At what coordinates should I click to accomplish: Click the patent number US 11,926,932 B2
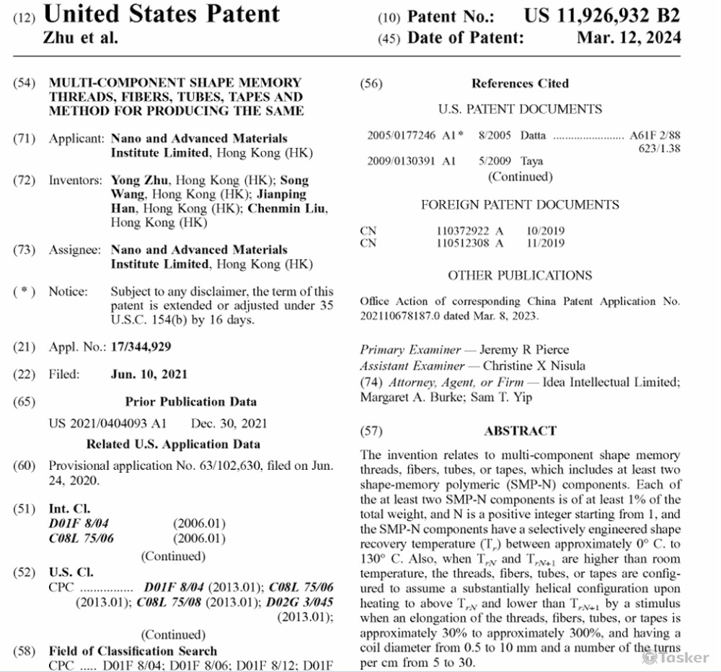601,15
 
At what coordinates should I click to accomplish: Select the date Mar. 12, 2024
628,38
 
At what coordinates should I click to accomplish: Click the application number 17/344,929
141,347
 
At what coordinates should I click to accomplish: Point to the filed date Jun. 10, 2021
149,374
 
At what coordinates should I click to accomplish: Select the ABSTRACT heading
520,431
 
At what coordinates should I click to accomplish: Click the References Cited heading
520,84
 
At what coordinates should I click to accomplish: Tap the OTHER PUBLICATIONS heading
520,275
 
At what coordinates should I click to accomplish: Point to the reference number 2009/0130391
401,161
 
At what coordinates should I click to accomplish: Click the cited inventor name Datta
533,136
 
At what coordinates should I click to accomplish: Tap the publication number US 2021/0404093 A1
107,423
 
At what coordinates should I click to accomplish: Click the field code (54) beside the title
24,83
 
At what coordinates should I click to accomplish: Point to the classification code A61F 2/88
655,136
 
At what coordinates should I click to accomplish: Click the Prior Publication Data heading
190,401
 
